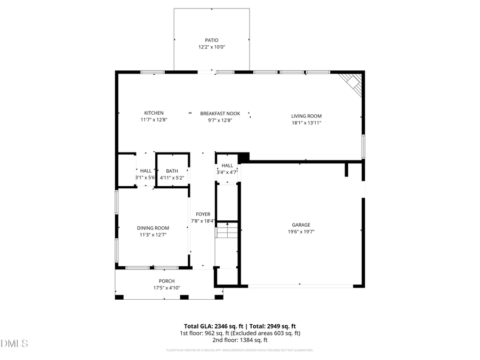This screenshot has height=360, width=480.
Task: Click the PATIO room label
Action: [x=212, y=40]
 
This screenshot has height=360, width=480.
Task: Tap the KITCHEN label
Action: [x=154, y=113]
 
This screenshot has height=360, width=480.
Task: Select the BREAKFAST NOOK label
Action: [x=220, y=114]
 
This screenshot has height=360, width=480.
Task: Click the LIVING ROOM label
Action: [x=306, y=116]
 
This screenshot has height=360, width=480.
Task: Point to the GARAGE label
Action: [x=301, y=225]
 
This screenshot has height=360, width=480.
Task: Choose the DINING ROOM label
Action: [x=153, y=228]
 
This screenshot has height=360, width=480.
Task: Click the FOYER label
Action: [x=203, y=214]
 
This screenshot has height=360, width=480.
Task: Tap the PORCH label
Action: [x=166, y=281]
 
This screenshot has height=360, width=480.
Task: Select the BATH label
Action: [x=172, y=171]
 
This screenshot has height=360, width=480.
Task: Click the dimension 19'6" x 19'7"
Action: [x=301, y=232]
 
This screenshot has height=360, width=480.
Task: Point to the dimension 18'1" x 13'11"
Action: [x=306, y=123]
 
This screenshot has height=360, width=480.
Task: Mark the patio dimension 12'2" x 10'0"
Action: [x=212, y=47]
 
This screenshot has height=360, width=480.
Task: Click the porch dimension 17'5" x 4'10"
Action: [x=166, y=288]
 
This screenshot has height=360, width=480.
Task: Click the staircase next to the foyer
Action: [x=227, y=231]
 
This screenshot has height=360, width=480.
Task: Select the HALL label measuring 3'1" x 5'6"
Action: [x=146, y=171]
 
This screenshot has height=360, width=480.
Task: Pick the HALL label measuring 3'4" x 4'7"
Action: [x=227, y=165]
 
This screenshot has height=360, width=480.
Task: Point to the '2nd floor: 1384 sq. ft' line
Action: [x=239, y=340]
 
